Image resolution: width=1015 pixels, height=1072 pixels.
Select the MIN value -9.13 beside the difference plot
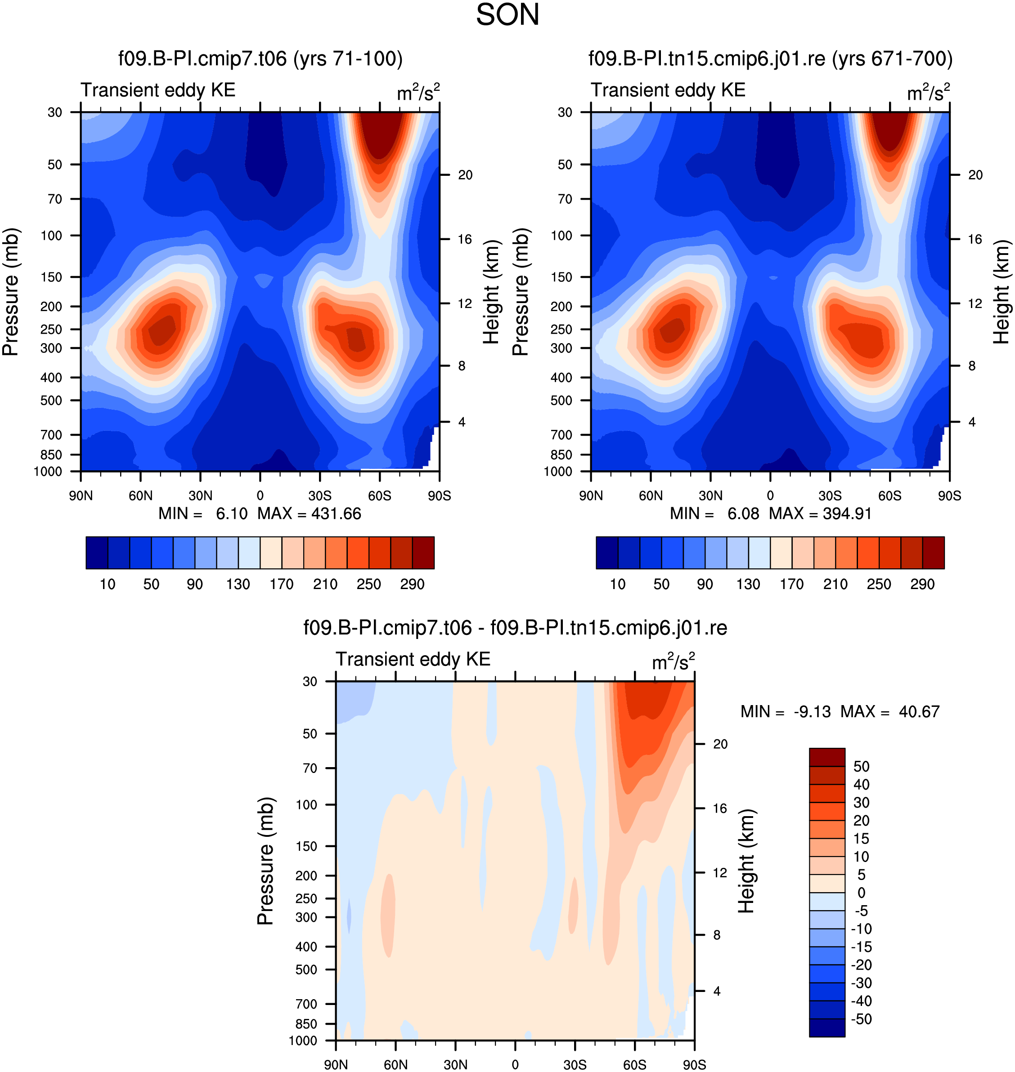[x=812, y=711]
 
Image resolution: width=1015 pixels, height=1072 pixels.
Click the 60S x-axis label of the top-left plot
[x=379, y=496]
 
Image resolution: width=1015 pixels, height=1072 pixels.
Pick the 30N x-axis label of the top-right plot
[x=710, y=496]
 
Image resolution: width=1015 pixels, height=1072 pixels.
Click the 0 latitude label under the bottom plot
[x=515, y=1064]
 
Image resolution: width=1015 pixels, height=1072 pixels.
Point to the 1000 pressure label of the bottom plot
[x=303, y=1041]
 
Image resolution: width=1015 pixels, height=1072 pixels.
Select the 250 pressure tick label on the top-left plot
[x=51, y=329]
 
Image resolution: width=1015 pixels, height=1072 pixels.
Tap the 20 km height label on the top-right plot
[x=975, y=175]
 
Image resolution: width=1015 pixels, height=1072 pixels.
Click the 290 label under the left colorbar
[x=412, y=584]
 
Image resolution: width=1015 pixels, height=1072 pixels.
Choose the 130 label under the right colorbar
[x=748, y=584]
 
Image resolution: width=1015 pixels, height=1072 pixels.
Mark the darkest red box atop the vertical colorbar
[x=827, y=757]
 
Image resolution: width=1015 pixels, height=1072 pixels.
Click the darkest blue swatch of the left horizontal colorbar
[x=97, y=553]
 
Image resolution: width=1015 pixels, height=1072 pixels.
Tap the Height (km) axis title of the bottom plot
[x=747, y=861]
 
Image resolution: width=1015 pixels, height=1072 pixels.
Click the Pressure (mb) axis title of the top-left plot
[x=11, y=292]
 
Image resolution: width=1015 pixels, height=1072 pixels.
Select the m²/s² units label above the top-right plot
[x=929, y=92]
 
